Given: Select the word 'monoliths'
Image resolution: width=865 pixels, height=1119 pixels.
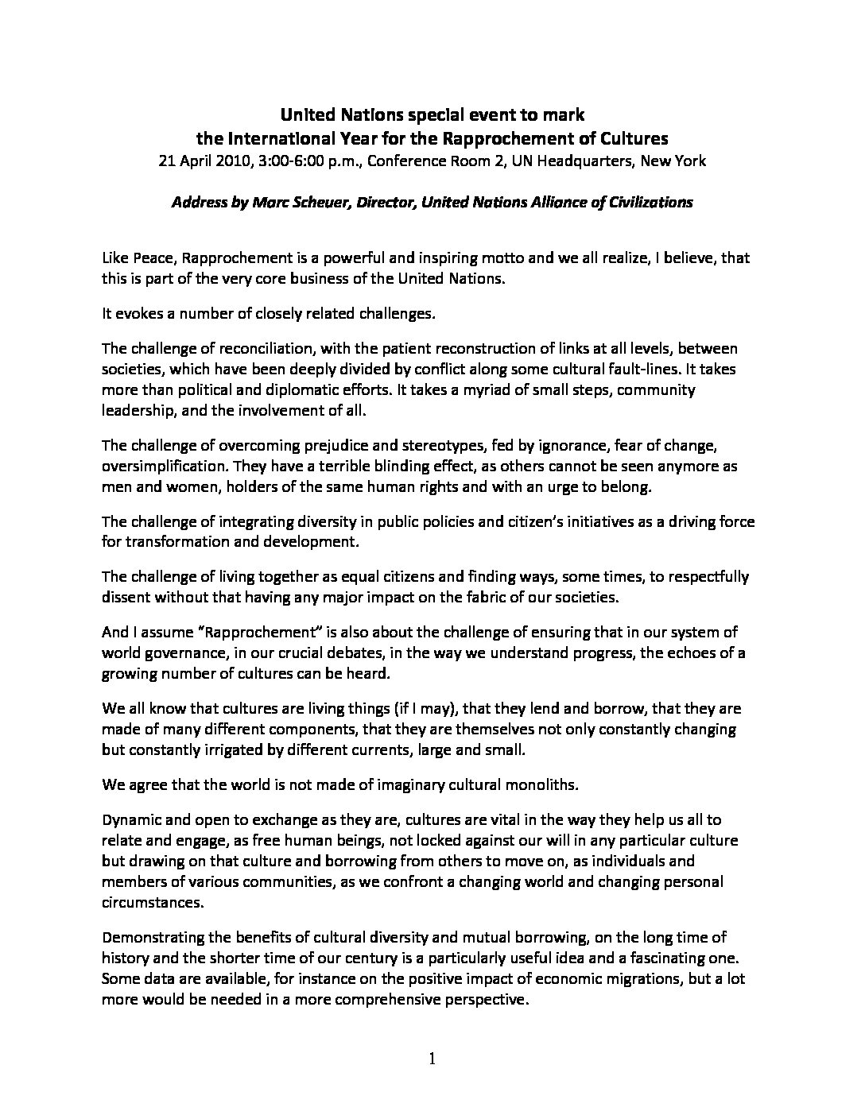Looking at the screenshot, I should (541, 784).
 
